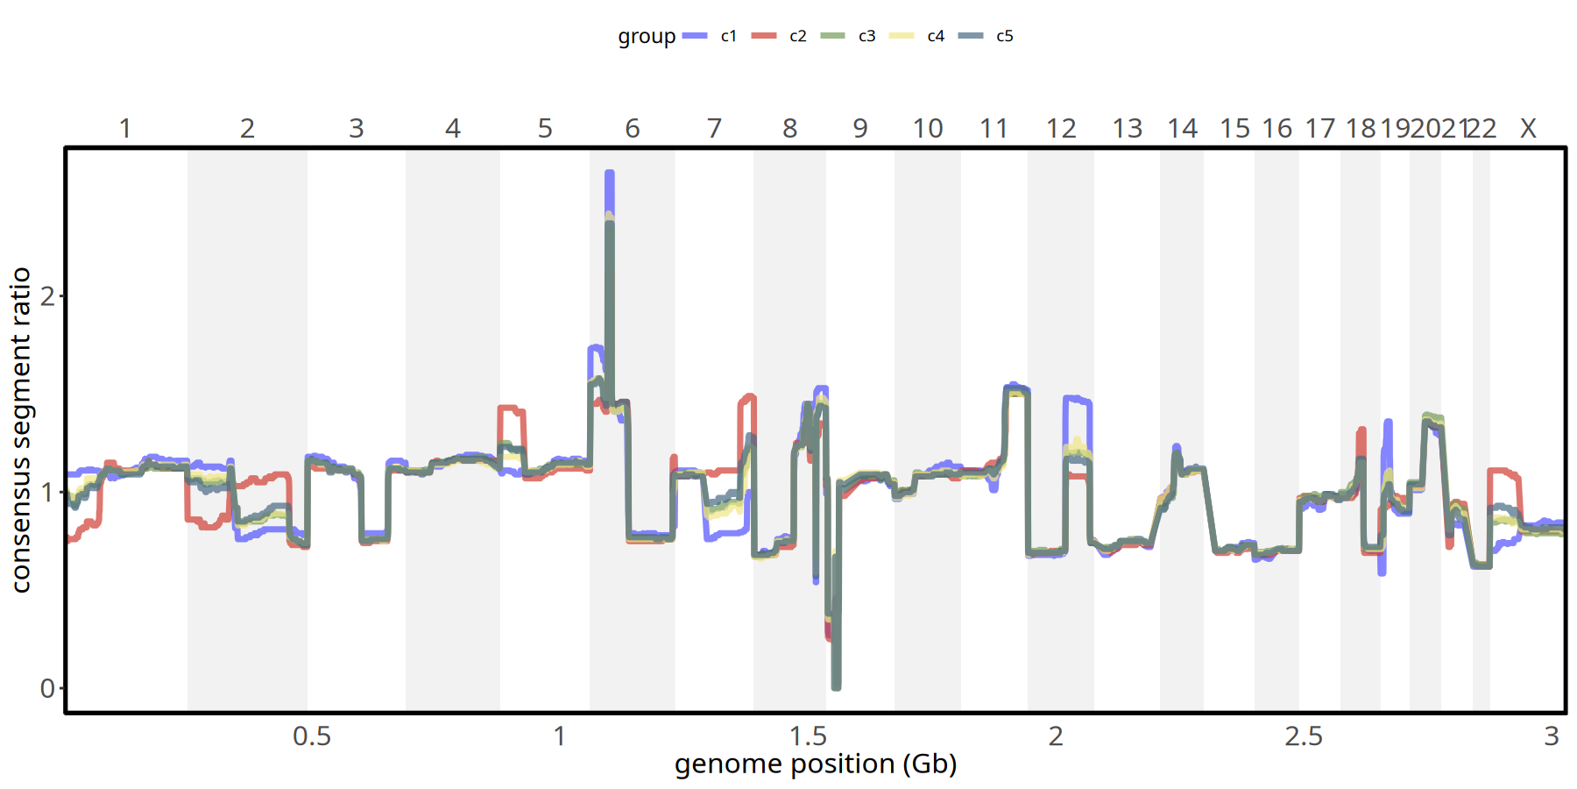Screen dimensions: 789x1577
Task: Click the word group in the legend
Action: [x=647, y=37]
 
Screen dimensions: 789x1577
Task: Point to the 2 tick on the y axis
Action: [x=47, y=296]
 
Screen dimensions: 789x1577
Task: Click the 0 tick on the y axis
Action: [x=47, y=689]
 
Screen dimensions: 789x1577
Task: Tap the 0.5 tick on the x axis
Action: [x=312, y=736]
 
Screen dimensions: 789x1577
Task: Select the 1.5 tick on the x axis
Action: [x=808, y=736]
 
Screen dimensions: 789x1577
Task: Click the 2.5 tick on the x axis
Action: [x=1304, y=736]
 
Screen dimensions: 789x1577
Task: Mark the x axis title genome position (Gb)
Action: [x=816, y=764]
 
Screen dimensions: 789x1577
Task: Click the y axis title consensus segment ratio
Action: [x=21, y=430]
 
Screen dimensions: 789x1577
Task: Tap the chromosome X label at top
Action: [x=1528, y=129]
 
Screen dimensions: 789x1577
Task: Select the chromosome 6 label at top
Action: [x=633, y=129]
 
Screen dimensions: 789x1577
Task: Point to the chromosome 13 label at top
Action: [x=1128, y=129]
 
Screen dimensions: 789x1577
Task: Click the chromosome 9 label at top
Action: [x=860, y=129]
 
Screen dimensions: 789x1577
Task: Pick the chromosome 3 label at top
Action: [x=357, y=129]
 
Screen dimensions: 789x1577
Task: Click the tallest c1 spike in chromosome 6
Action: [x=610, y=175]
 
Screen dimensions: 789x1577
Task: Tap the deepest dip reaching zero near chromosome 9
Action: [x=836, y=686]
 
